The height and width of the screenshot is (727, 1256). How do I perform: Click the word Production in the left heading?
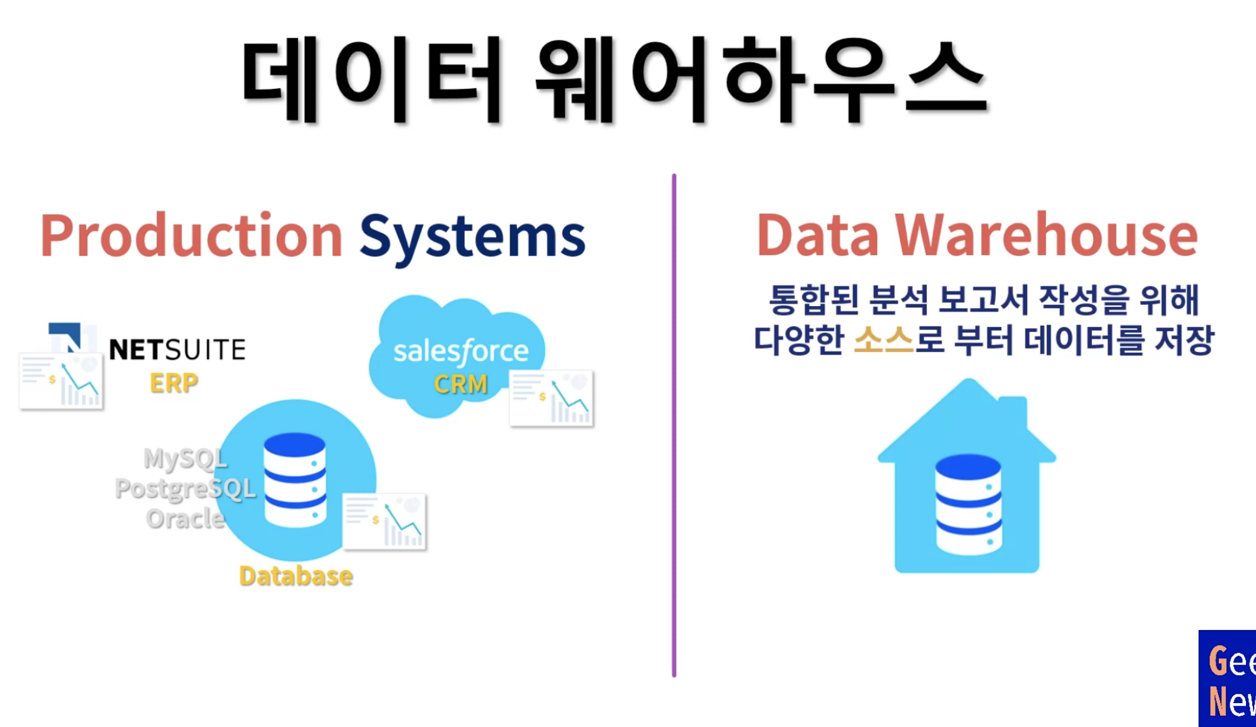[x=191, y=236]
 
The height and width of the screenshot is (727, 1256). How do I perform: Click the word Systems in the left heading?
[x=472, y=237]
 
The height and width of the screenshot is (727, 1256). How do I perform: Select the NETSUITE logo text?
[x=177, y=350]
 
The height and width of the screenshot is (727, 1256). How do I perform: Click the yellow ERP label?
[x=173, y=383]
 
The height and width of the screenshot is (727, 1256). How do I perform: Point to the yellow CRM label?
[x=460, y=384]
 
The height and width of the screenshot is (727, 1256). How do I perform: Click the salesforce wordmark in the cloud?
[x=460, y=351]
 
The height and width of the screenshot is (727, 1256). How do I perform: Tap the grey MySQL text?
[x=185, y=458]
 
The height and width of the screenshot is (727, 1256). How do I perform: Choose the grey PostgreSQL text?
[x=185, y=488]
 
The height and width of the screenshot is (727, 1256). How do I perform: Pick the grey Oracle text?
[x=185, y=518]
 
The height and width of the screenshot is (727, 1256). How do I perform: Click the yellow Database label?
[x=296, y=576]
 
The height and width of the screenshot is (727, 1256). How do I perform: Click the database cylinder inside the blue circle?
[x=294, y=479]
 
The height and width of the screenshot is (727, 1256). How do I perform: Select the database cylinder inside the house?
[x=968, y=504]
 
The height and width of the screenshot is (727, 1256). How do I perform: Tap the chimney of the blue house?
[x=1013, y=412]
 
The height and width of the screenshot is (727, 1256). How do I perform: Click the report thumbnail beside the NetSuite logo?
[x=61, y=382]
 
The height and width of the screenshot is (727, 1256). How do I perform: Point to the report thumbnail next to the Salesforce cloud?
[x=551, y=398]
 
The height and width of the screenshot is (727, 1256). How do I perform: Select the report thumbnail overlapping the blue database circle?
[x=385, y=522]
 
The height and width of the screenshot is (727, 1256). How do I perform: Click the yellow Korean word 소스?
[x=883, y=340]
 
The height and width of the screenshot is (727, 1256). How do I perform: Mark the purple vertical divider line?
[x=674, y=425]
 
